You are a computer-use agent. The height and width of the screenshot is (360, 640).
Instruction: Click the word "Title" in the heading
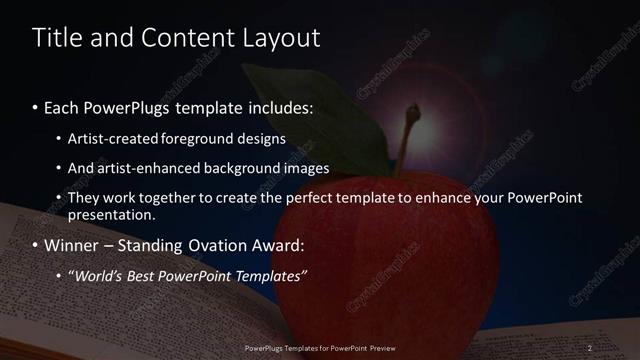pyautogui.click(x=59, y=38)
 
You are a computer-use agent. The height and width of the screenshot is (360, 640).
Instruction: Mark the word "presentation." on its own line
pyautogui.click(x=112, y=214)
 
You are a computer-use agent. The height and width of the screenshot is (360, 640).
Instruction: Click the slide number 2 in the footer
pyautogui.click(x=590, y=348)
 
